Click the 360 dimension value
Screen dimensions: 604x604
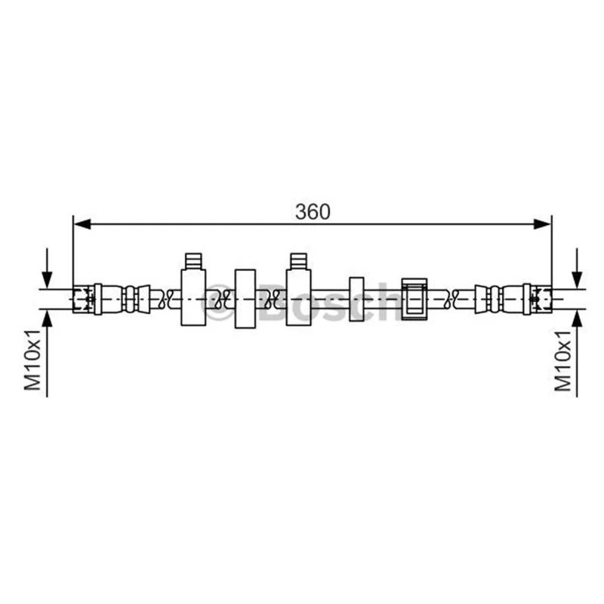313,211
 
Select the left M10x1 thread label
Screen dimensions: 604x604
32,360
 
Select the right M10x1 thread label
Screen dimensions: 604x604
562,361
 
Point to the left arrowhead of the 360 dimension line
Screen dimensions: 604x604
82,223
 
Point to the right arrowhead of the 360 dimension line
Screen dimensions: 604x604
543,223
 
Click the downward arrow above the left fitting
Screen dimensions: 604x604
47,268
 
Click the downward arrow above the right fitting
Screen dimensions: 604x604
577,268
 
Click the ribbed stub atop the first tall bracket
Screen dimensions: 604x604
193,261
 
